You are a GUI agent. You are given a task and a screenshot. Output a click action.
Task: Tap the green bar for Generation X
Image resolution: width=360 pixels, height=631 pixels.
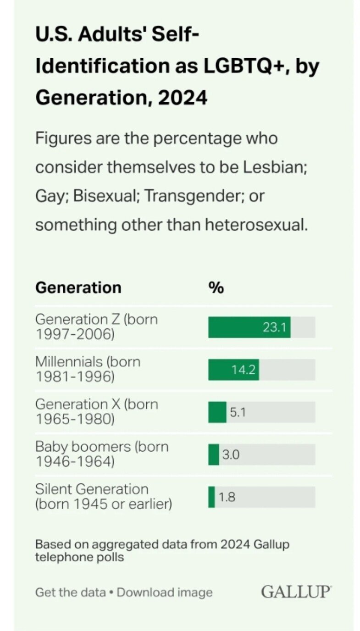(217, 412)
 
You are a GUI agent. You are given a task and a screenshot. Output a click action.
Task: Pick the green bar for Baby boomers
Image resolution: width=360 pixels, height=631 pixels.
(214, 455)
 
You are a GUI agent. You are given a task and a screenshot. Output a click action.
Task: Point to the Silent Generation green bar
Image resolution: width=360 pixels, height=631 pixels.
(212, 497)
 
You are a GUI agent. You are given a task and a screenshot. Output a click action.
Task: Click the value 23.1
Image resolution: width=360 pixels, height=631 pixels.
(274, 327)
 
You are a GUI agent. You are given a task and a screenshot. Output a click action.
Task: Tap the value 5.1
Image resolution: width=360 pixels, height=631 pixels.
(238, 412)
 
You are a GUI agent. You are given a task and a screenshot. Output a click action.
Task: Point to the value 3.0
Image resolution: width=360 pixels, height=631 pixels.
(231, 455)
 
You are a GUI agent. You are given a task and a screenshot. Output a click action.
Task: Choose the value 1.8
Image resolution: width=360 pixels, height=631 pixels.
(227, 497)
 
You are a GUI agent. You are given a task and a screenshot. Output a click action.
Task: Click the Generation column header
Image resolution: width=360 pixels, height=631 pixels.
(78, 288)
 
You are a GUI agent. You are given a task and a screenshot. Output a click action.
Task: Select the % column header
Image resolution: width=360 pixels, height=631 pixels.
(216, 288)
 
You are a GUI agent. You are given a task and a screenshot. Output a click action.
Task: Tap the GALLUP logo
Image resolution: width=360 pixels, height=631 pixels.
(296, 592)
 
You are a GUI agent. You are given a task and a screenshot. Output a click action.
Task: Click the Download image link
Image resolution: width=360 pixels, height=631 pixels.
(165, 592)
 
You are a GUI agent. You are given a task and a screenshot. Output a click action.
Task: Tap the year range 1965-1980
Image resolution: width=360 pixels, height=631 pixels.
(75, 419)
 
